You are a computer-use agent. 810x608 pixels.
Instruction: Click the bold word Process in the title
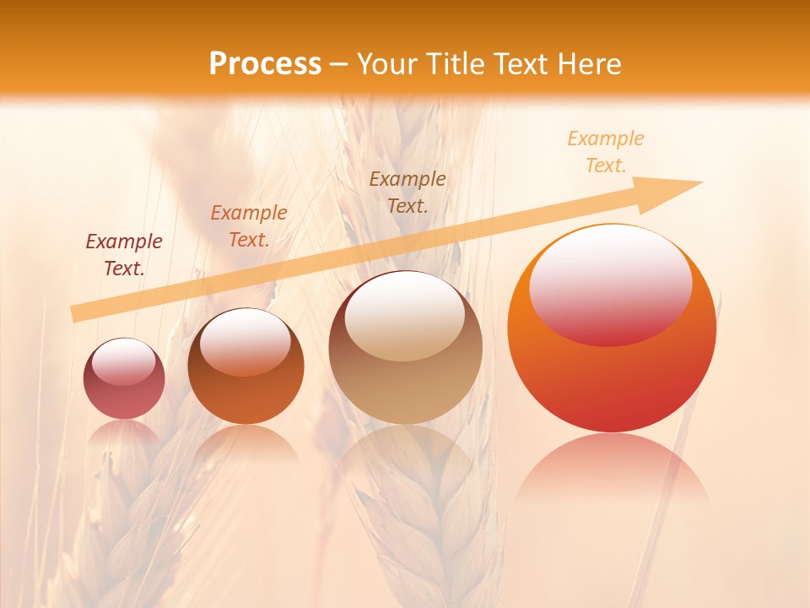265,64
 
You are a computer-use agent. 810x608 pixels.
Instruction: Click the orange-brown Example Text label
249,226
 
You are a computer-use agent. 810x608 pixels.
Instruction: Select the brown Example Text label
408,193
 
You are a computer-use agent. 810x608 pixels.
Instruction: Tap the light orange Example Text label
606,152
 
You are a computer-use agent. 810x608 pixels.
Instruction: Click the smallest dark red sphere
124,397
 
